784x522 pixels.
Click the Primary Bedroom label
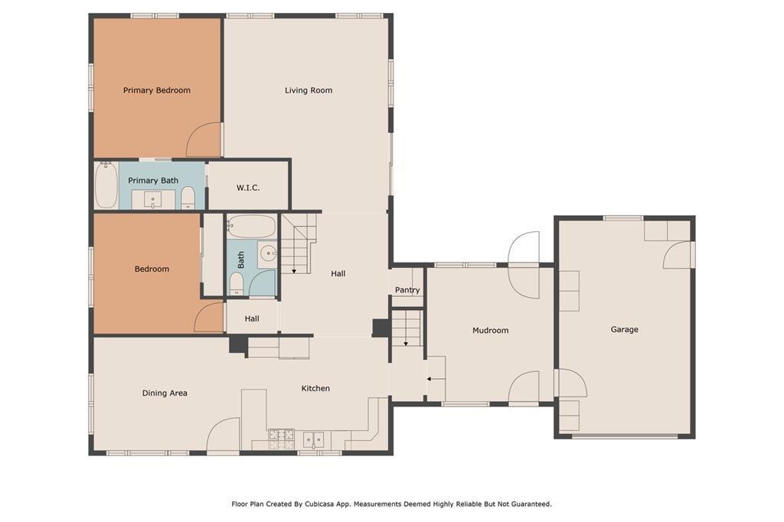156,90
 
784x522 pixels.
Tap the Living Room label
309,90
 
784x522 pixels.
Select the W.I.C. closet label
248,188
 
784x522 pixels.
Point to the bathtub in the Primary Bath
106,185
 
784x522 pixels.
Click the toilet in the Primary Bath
188,197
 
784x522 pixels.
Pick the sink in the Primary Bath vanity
153,200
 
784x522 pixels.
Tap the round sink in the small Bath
269,254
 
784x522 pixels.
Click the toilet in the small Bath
237,284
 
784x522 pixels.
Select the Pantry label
407,290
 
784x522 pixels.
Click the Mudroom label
491,331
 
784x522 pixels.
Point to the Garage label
625,329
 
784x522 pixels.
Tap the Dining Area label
165,393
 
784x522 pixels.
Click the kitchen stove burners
282,439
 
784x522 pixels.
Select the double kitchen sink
313,440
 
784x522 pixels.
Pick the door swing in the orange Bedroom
208,317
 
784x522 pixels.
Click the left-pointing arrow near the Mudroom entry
436,379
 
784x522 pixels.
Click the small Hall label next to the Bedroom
252,319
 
